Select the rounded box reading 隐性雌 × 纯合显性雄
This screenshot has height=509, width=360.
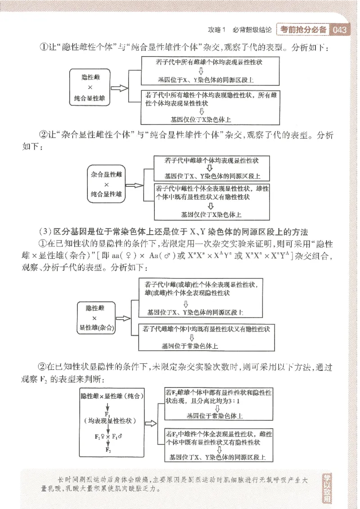(90, 88)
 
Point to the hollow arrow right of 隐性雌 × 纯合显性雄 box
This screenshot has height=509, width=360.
(119, 88)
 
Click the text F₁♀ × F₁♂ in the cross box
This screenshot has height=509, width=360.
(108, 436)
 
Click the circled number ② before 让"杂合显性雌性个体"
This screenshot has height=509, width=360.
(44, 135)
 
